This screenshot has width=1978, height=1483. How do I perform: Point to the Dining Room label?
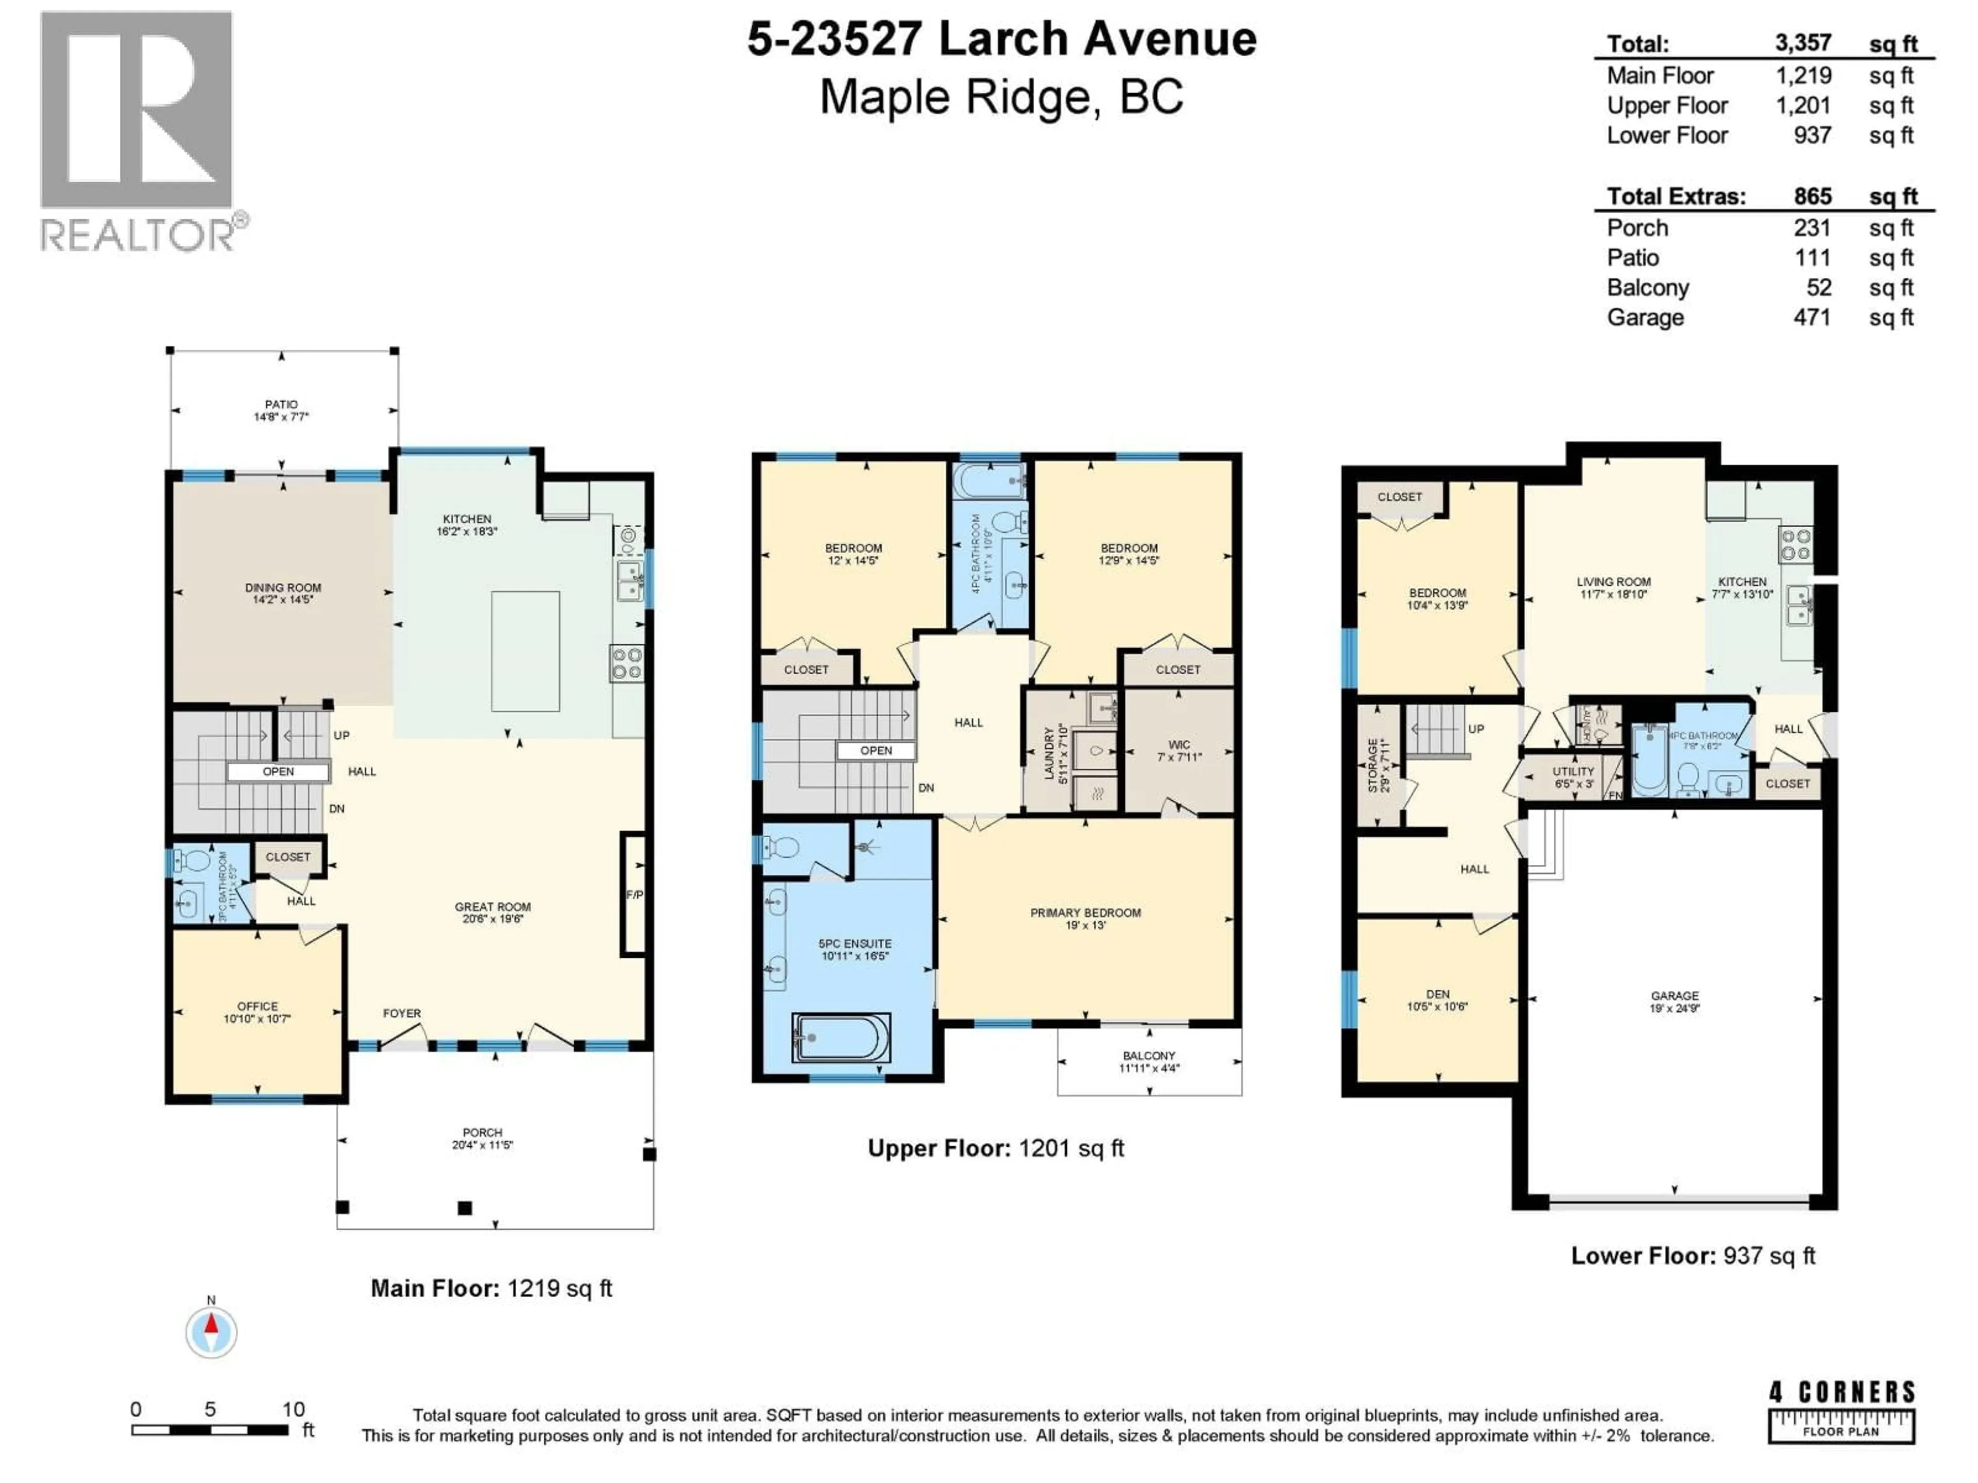tap(283, 588)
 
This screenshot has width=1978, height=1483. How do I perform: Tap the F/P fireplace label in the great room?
tap(634, 894)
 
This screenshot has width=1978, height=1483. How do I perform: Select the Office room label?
tap(258, 1006)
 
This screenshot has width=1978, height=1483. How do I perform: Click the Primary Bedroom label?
tap(1085, 912)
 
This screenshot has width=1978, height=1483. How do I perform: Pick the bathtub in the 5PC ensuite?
tap(841, 1037)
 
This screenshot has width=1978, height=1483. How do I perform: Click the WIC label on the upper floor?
tap(1179, 744)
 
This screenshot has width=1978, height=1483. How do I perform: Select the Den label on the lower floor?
tap(1437, 993)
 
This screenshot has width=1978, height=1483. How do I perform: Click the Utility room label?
tap(1573, 770)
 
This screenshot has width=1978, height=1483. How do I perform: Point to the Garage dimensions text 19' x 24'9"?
tap(1674, 1008)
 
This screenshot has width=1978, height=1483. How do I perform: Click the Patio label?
tap(281, 404)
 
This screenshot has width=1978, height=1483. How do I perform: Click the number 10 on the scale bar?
tap(293, 1409)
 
